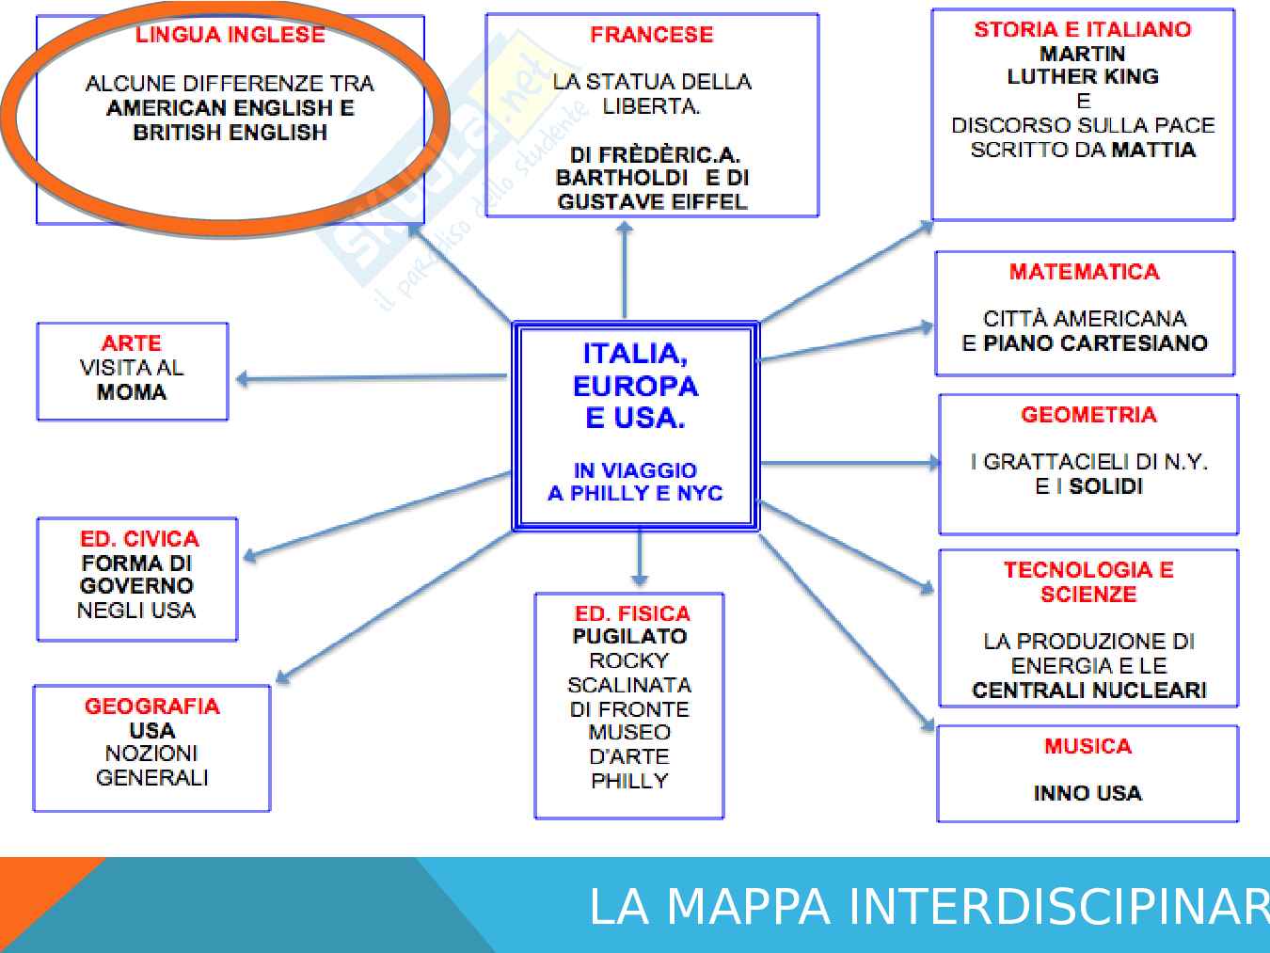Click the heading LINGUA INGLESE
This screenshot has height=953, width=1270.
click(230, 35)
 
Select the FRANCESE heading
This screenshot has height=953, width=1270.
click(651, 35)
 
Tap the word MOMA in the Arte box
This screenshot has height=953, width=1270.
click(132, 392)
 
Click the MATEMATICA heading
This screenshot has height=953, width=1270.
click(1084, 272)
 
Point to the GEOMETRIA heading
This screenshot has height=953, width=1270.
click(1088, 415)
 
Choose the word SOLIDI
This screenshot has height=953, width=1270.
click(1105, 486)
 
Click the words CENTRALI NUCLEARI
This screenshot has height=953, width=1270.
click(1088, 691)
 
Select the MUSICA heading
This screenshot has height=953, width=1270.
click(1087, 746)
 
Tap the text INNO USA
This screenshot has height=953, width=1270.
click(1087, 793)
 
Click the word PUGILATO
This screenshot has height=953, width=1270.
click(629, 636)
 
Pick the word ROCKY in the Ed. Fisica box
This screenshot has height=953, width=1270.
click(628, 660)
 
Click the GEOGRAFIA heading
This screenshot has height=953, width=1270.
click(151, 707)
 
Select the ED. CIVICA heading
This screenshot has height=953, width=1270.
click(139, 539)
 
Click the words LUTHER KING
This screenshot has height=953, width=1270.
click(1083, 76)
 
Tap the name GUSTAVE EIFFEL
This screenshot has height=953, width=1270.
click(652, 201)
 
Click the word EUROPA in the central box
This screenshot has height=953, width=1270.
click(635, 386)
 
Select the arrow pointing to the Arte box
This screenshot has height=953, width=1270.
click(371, 378)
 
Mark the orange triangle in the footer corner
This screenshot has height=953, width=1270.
click(38, 894)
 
